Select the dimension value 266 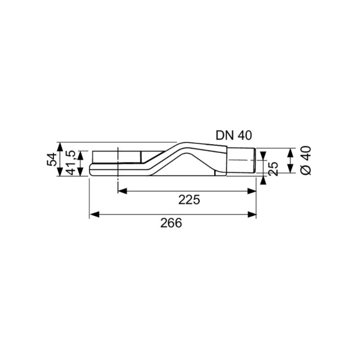(172, 223)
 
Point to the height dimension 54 (52, 160)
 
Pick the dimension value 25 (274, 169)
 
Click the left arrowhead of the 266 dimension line (93, 214)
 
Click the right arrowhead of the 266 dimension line (253, 214)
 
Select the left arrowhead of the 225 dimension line (120, 191)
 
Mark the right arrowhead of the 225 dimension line (253, 191)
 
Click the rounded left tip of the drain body (91, 169)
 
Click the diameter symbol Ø (305, 170)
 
